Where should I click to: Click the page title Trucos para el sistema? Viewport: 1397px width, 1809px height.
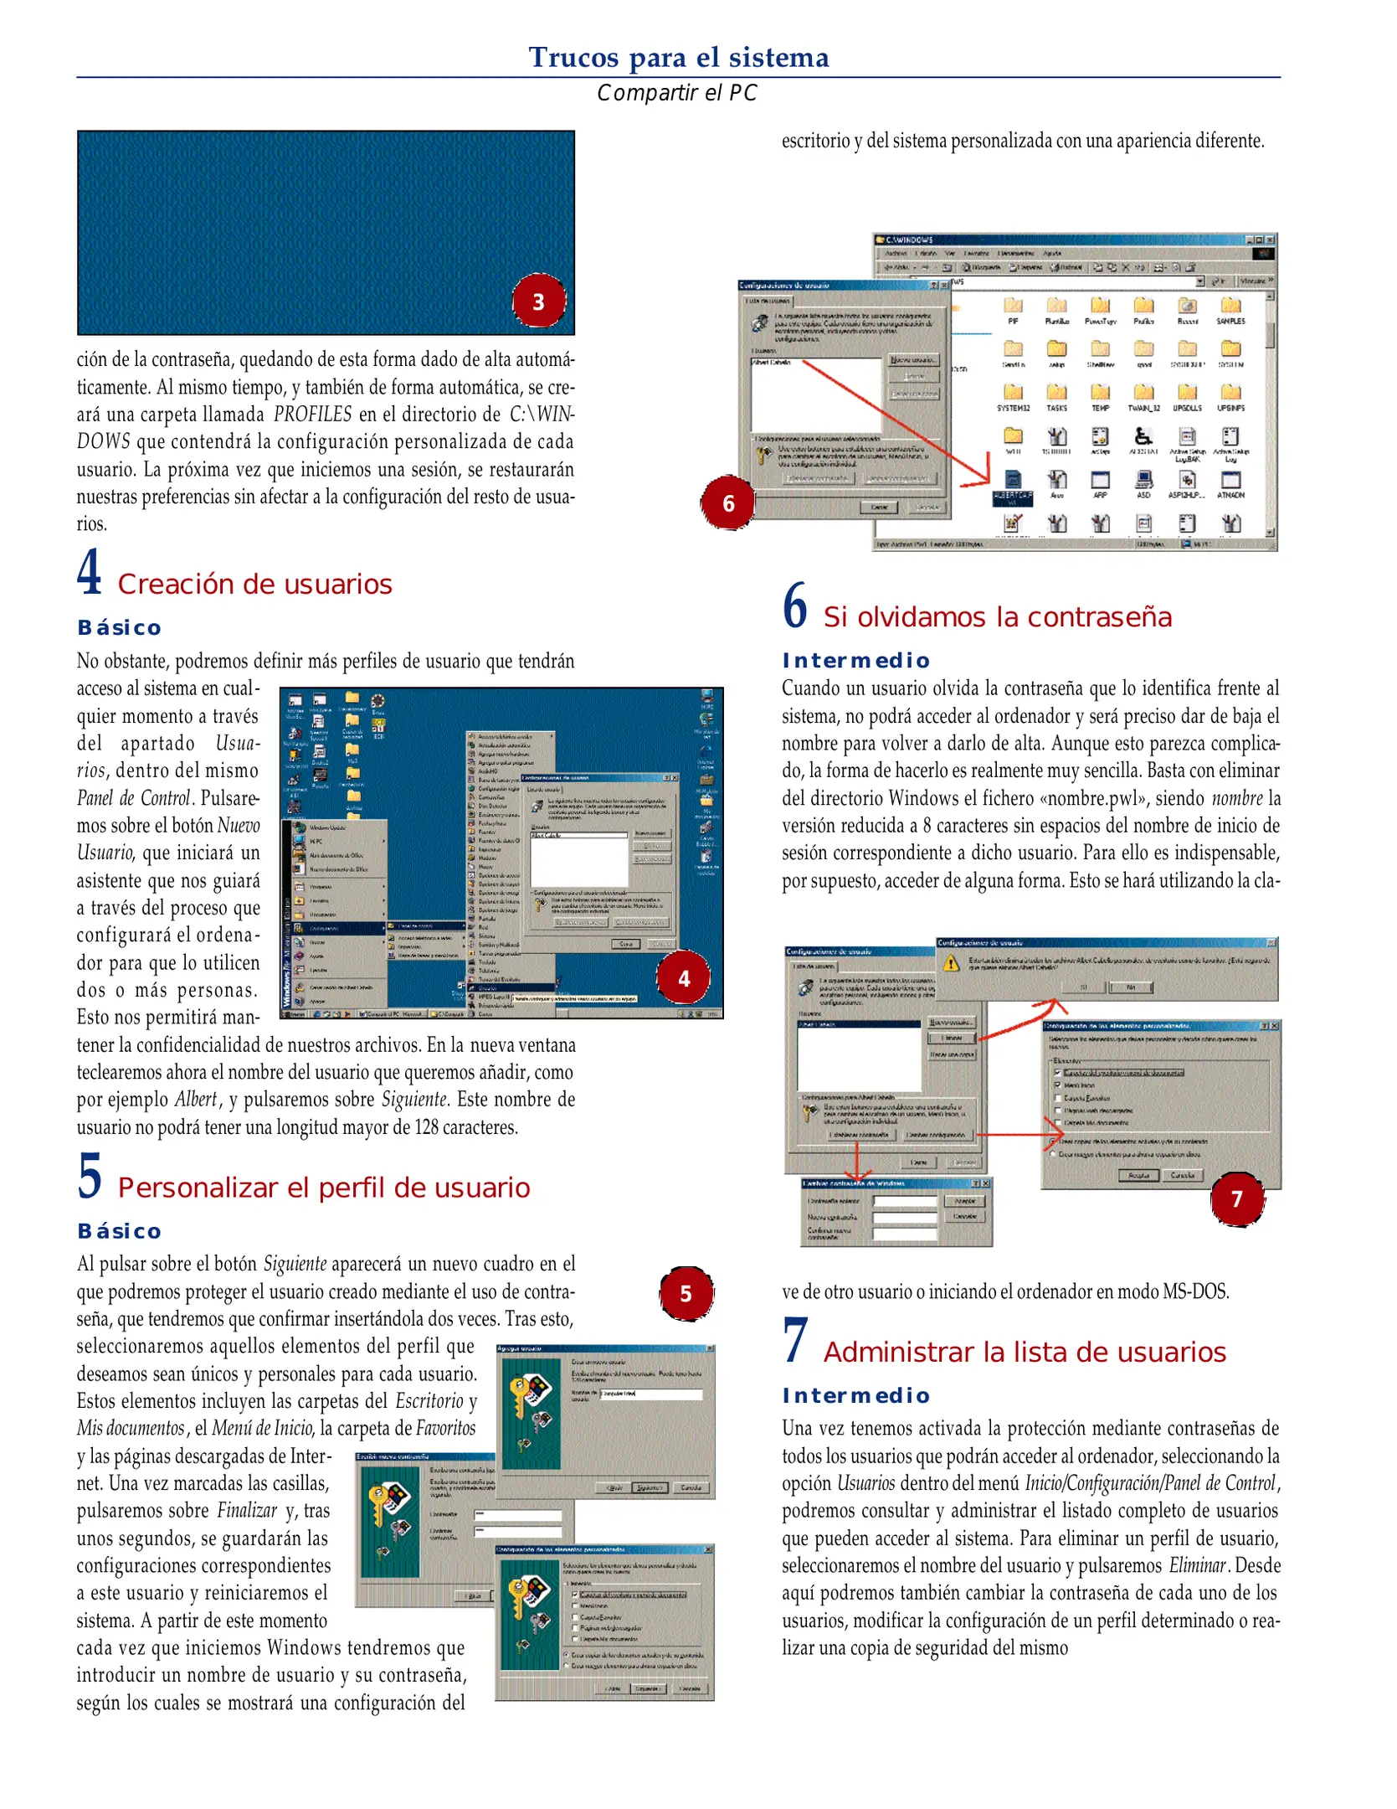[678, 57]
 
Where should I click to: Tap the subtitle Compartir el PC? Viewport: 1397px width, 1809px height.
[676, 93]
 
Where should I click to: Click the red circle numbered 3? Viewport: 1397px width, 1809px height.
[538, 301]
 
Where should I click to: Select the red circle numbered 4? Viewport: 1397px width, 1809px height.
[683, 978]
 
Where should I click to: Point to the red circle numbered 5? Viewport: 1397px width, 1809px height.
[686, 1294]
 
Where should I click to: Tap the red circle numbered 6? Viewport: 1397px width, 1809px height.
[727, 503]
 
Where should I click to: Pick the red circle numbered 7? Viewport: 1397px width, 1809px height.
[1236, 1199]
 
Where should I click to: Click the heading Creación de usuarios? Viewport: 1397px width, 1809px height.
[254, 584]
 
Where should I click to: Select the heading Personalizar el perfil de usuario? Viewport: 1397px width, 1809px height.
[323, 1188]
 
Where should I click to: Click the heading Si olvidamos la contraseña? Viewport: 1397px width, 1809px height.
[997, 617]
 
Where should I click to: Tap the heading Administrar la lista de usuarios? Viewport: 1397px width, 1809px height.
[1024, 1353]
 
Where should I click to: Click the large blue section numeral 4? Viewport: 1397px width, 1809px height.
[90, 573]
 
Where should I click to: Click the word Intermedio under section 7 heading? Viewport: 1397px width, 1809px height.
[855, 1396]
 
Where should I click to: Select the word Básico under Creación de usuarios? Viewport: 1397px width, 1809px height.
[119, 628]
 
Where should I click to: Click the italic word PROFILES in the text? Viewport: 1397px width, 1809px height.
[312, 415]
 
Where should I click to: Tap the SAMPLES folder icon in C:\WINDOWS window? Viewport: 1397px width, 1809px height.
[1230, 307]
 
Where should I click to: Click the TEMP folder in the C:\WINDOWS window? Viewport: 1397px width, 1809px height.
[1100, 394]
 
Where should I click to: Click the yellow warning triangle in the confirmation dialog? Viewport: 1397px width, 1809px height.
[951, 964]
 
